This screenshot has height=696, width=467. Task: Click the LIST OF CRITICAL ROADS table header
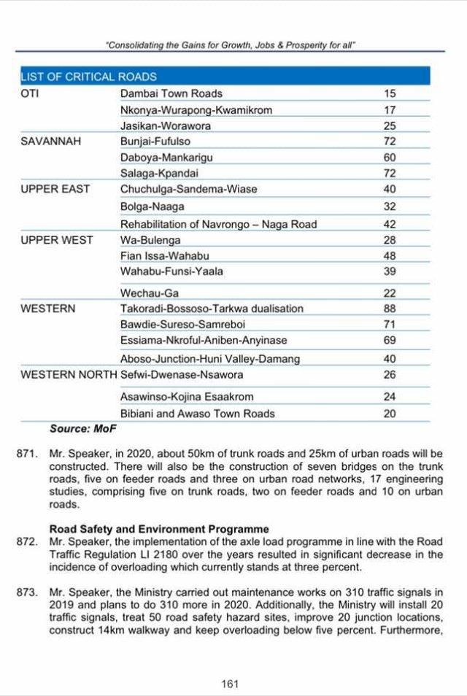coord(88,77)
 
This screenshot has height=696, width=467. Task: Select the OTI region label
coord(30,93)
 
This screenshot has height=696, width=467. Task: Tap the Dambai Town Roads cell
coord(171,93)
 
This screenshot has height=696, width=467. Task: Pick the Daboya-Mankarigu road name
coord(166,157)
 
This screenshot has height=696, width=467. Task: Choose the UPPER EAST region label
coord(55,189)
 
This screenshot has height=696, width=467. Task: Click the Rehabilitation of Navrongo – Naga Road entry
coord(218,224)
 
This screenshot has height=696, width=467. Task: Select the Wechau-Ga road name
coord(150,293)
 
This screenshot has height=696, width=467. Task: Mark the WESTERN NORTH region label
coord(69,375)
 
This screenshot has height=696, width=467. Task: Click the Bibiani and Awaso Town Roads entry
coord(197,414)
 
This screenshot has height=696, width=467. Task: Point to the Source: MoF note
coord(80,429)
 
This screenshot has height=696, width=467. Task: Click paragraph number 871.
coord(26,454)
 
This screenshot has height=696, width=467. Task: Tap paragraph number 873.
coord(26,595)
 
